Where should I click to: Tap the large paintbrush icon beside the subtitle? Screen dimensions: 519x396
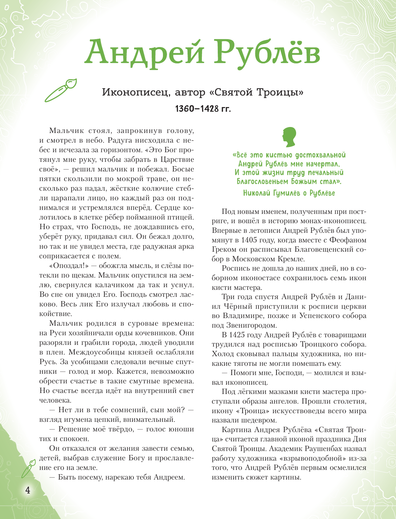pyautogui.click(x=61, y=90)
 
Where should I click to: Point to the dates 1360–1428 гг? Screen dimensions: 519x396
pyautogui.click(x=203, y=108)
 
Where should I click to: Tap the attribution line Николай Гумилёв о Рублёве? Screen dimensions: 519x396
pyautogui.click(x=289, y=193)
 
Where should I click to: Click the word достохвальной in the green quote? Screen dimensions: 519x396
pyautogui.click(x=320, y=155)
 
